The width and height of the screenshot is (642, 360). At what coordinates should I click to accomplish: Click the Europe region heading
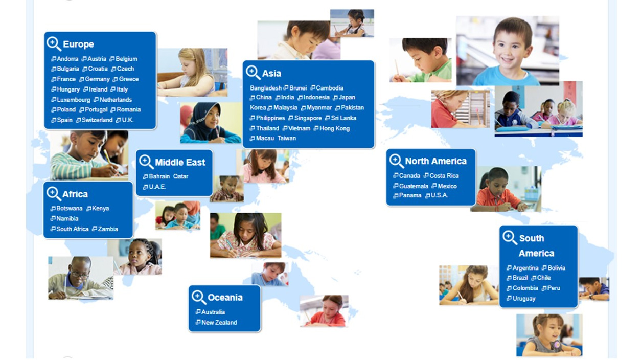(78, 44)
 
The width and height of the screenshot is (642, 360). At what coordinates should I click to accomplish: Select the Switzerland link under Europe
(97, 120)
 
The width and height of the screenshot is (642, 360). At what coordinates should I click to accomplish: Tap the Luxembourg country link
(74, 100)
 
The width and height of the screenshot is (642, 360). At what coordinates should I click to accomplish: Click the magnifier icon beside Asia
(253, 73)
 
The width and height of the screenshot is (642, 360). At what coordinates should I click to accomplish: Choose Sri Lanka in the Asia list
(343, 118)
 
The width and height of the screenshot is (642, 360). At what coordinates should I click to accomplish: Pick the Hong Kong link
(334, 128)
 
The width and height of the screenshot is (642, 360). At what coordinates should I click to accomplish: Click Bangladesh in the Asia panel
(266, 88)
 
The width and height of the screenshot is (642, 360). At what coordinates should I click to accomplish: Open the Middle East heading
(180, 162)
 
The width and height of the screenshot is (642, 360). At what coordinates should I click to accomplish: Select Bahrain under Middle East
(159, 176)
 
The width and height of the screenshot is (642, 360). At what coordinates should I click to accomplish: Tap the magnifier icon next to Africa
(54, 193)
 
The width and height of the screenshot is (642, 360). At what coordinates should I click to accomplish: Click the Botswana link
(70, 208)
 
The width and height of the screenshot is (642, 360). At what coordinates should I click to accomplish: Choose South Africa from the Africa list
(73, 229)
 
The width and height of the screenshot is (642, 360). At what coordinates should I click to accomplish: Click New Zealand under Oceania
(219, 323)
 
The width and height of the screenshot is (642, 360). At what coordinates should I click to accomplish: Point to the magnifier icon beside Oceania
(199, 297)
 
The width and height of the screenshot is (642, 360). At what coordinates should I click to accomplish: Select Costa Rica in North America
(444, 176)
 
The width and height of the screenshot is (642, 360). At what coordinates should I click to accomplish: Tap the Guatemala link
(414, 186)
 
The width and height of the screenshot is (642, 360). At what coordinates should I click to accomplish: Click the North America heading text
(435, 161)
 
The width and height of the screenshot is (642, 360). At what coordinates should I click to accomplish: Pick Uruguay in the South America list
(524, 299)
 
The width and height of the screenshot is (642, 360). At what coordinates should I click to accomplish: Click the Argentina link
(525, 268)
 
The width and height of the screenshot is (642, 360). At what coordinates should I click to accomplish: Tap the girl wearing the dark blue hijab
(211, 123)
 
